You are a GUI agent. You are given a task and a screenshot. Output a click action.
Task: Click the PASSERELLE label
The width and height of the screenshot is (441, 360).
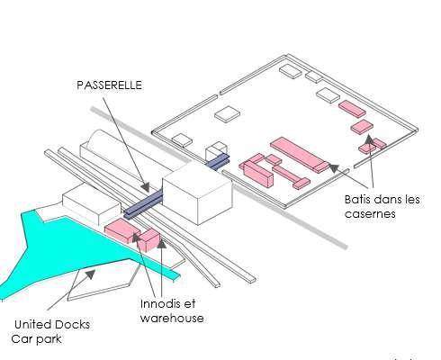(109, 85)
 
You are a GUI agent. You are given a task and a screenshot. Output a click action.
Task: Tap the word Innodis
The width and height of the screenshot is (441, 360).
(160, 304)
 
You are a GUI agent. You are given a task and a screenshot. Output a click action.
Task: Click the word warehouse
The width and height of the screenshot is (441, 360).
(172, 319)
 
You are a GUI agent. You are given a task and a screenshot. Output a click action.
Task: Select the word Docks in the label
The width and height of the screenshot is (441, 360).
(72, 325)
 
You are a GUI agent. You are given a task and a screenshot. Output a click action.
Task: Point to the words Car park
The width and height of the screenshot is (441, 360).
(36, 339)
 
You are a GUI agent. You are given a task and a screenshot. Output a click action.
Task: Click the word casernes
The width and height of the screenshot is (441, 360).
(370, 213)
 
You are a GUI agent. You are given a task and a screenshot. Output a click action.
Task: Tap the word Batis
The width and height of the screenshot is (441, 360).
(356, 200)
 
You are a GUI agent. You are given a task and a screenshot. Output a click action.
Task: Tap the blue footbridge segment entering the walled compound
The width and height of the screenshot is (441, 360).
(219, 161)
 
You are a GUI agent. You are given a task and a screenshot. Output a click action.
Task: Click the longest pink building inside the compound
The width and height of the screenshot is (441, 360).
(300, 155)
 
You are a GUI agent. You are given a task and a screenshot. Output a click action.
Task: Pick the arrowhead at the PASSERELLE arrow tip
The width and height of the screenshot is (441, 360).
(146, 187)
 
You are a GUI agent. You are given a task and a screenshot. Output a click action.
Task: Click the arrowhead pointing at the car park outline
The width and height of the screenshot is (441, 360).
(90, 274)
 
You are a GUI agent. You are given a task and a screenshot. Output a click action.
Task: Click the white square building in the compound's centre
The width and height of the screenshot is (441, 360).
(228, 114)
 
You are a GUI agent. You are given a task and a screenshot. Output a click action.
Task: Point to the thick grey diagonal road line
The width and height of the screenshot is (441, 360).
(219, 177)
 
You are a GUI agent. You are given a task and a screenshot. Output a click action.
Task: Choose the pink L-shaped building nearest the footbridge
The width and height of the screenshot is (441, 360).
(256, 170)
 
